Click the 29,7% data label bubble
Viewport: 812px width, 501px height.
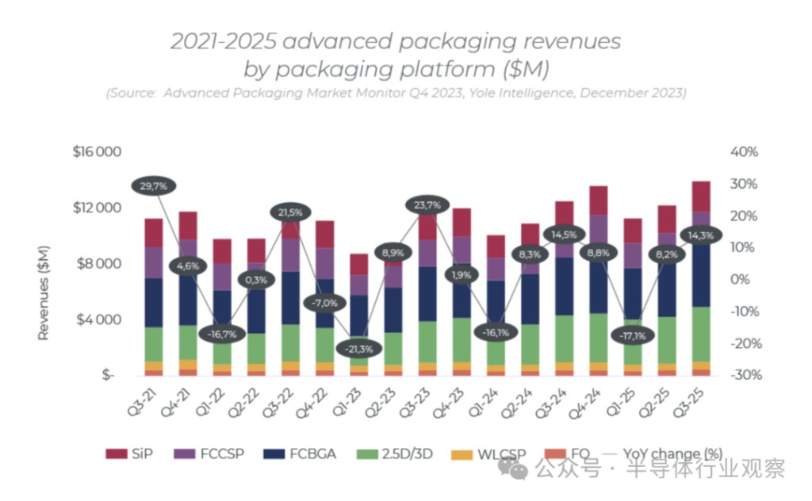[x=154, y=186]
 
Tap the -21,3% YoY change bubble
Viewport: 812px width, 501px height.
[x=358, y=349]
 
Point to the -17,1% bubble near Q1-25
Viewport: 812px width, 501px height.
[x=632, y=336]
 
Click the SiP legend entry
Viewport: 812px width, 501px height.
[x=126, y=454]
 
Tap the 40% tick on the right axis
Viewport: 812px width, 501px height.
[x=745, y=151]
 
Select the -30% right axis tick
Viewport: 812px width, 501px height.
[x=743, y=375]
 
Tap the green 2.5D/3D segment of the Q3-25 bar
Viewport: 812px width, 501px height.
[x=700, y=333]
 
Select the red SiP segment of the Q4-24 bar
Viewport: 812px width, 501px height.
[x=598, y=201]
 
